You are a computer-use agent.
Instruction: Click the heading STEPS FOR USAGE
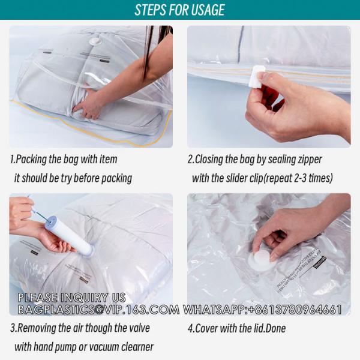pos(179,10)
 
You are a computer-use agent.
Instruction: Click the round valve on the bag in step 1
pos(95,42)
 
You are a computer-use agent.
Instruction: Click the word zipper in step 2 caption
pos(309,159)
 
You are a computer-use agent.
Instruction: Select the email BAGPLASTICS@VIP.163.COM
pos(98,310)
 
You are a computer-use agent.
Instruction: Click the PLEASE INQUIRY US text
pos(71,298)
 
